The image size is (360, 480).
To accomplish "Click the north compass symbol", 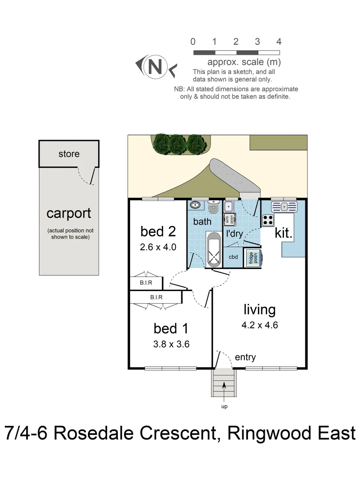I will (155, 67).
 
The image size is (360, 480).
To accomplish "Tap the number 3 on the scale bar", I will (257, 42).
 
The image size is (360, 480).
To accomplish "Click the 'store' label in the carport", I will (69, 154).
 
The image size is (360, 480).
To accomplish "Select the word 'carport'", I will (69, 213).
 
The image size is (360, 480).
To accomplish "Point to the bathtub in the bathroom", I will (214, 250).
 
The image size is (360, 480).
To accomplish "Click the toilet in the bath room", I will (213, 207).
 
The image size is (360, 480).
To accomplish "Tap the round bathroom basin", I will (195, 205).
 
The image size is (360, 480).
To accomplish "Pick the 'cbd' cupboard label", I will (233, 257).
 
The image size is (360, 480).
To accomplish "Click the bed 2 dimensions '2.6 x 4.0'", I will (158, 248).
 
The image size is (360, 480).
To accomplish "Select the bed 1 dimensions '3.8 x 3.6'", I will (171, 344).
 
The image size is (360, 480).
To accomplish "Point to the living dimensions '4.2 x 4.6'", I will (260, 325).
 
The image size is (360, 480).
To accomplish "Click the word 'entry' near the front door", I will (245, 357).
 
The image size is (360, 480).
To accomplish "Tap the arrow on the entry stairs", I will (224, 386).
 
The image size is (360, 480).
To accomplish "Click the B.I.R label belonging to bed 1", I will (156, 297).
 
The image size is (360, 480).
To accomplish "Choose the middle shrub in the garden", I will (177, 143).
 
